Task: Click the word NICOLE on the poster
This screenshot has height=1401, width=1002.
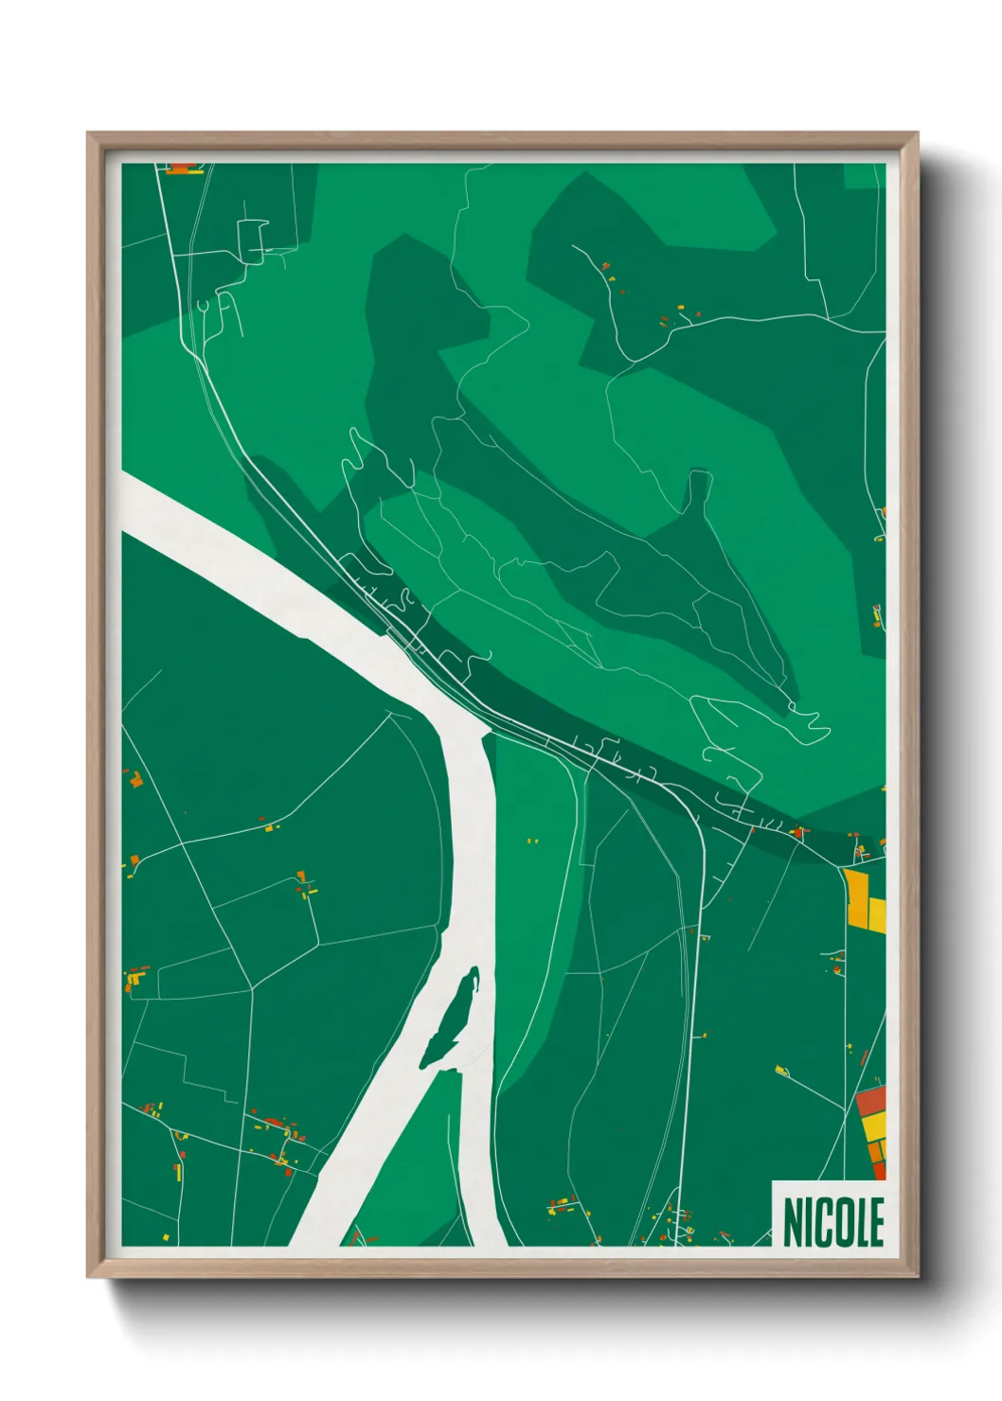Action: coord(833,1222)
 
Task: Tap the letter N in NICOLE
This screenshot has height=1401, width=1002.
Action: coord(792,1222)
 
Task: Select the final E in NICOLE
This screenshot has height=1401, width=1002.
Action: coord(876,1222)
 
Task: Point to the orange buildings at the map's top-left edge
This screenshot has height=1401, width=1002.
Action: coord(183,169)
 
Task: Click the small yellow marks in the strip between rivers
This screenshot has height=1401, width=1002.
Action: coord(532,841)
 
